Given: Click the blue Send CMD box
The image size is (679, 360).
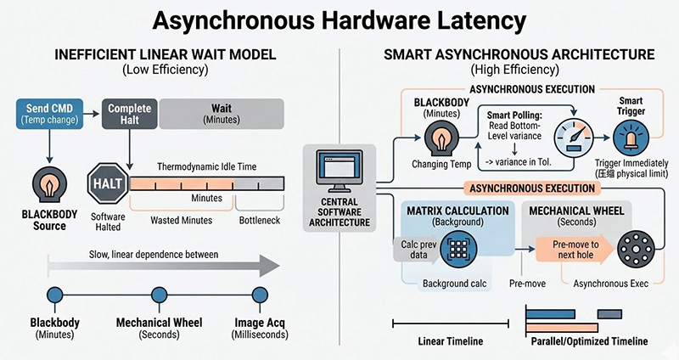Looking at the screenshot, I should coord(50,115).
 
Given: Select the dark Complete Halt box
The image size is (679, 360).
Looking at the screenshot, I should coord(128,115).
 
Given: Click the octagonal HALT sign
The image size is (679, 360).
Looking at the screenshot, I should coord(107,183).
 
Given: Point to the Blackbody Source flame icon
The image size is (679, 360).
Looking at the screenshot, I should coord(50,184).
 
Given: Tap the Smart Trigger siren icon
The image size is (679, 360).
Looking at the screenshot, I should coord(635,139).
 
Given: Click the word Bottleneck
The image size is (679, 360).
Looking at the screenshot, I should coord(261,220).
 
